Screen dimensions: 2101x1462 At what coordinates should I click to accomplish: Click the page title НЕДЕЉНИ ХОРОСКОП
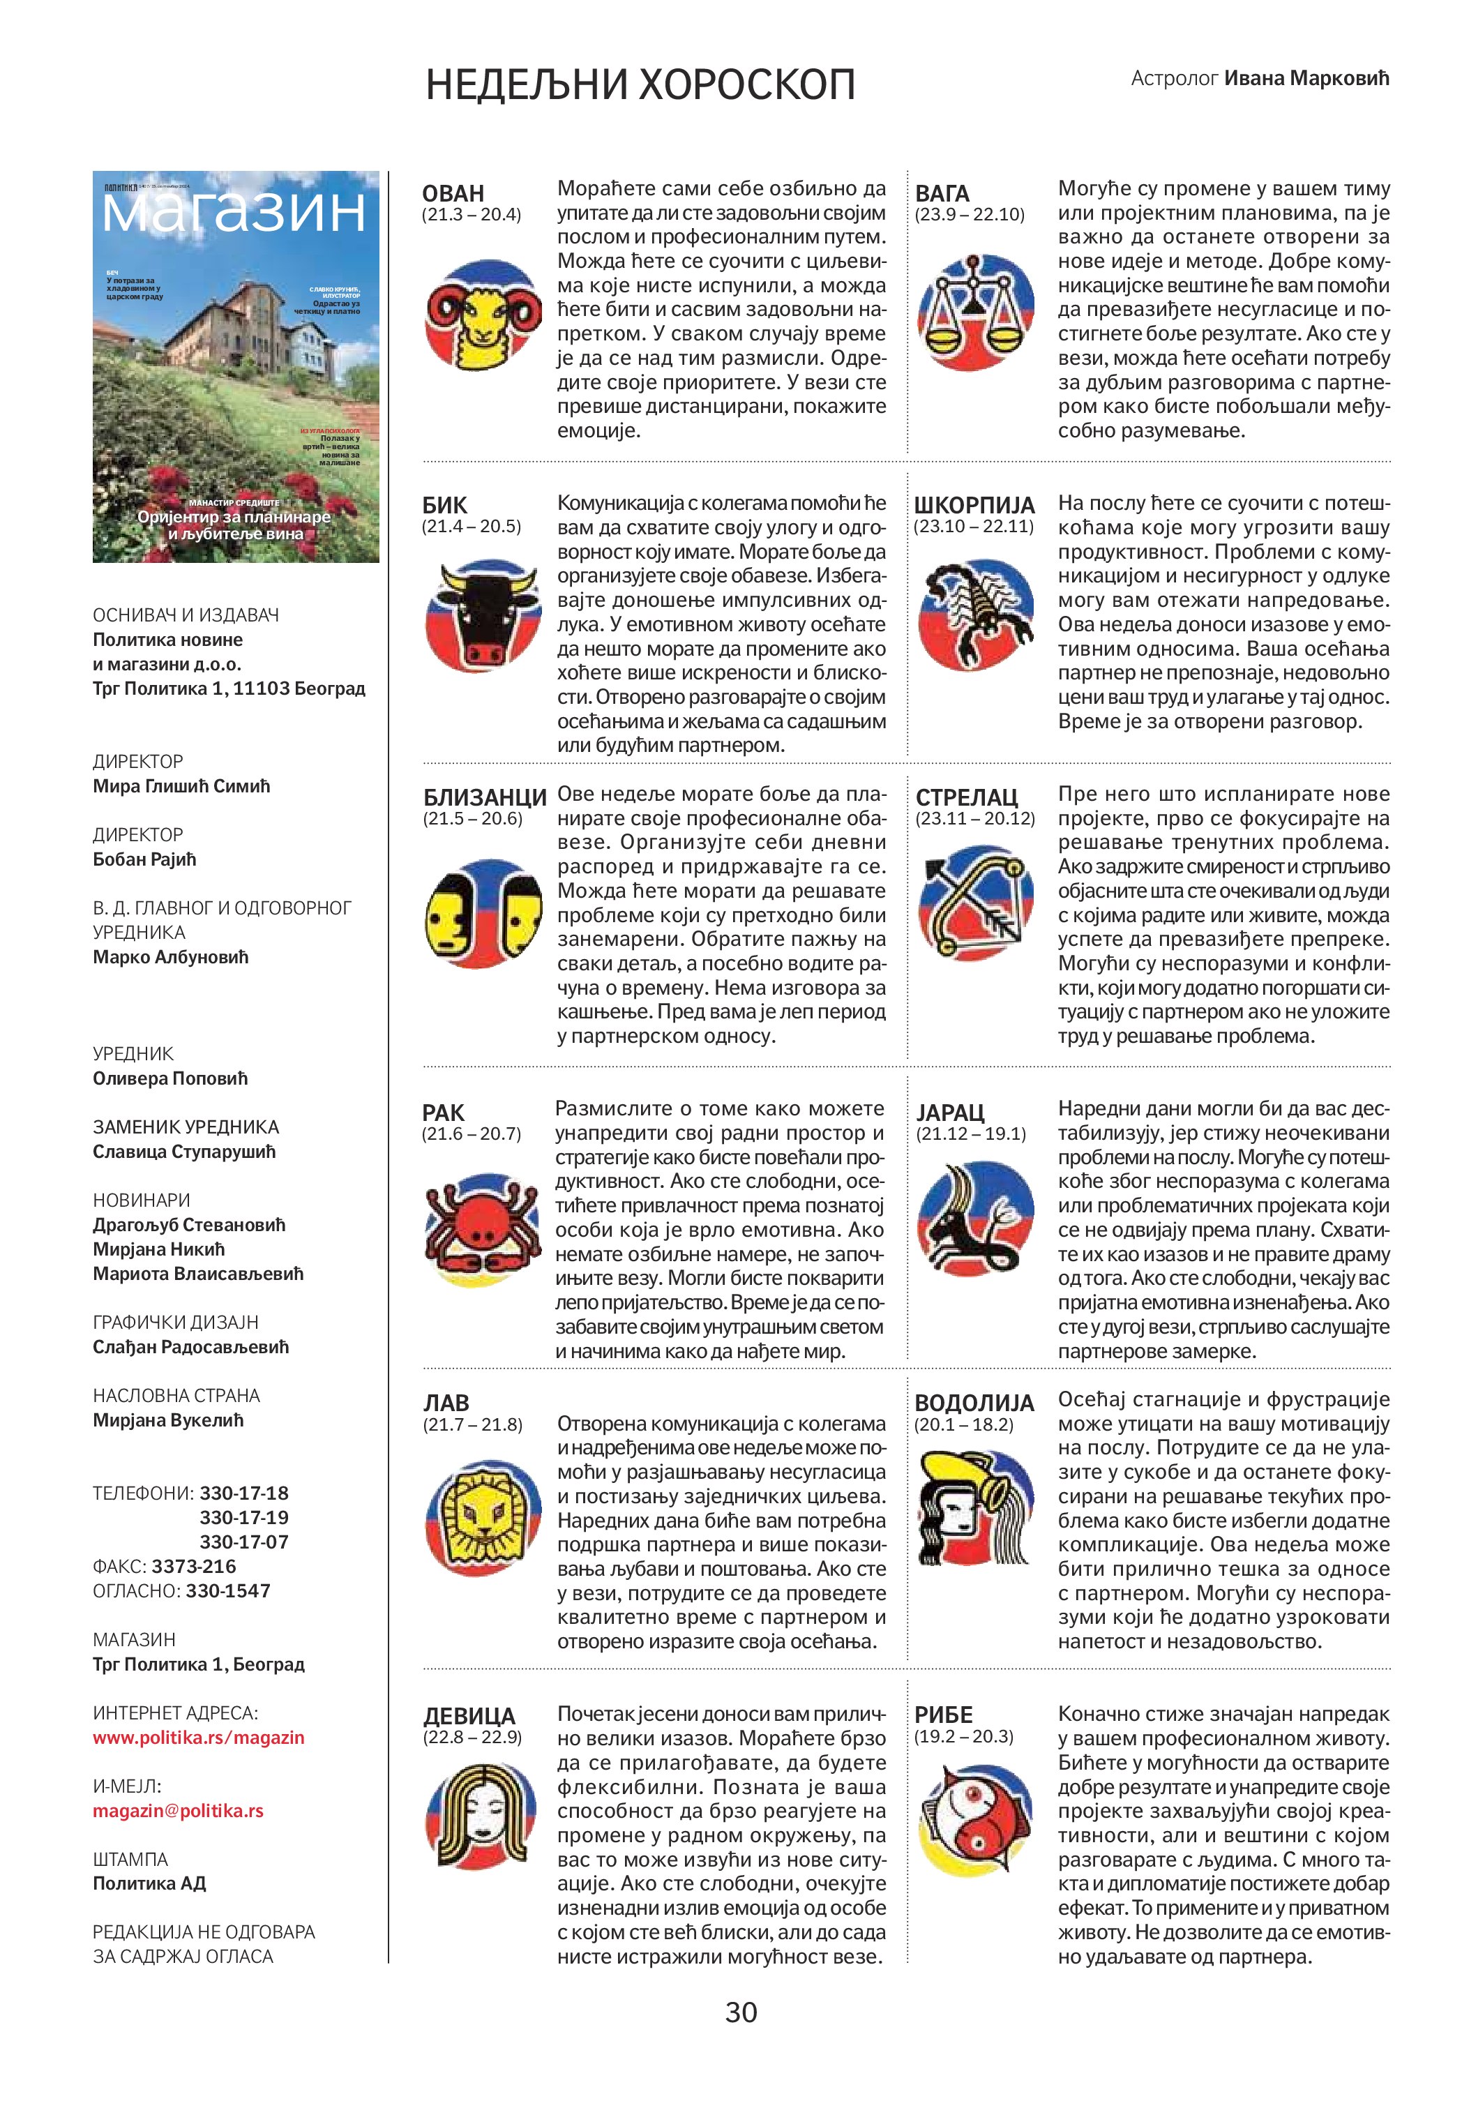(x=640, y=85)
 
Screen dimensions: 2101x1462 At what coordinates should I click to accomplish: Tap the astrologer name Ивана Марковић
(x=1306, y=78)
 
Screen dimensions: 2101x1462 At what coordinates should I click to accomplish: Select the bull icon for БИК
(x=482, y=616)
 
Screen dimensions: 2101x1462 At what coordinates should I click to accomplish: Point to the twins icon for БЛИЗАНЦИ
(x=482, y=913)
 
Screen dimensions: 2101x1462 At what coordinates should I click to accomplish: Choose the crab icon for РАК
(x=482, y=1226)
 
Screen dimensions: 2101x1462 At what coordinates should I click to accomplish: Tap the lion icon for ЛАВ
(x=482, y=1516)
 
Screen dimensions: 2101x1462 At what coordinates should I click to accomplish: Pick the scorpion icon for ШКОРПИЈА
(x=974, y=614)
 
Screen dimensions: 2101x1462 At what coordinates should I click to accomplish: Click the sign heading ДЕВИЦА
(x=469, y=1716)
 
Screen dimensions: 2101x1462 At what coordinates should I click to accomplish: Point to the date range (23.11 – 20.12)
(x=974, y=818)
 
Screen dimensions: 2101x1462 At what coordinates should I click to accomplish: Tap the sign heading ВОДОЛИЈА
(x=974, y=1403)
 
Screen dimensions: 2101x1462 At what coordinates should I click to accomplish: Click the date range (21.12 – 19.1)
(x=971, y=1134)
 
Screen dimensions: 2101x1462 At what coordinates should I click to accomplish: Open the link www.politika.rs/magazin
(x=199, y=1737)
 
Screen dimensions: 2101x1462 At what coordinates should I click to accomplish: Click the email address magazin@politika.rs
(x=177, y=1810)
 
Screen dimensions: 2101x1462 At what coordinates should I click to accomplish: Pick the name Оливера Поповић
(x=170, y=1078)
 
